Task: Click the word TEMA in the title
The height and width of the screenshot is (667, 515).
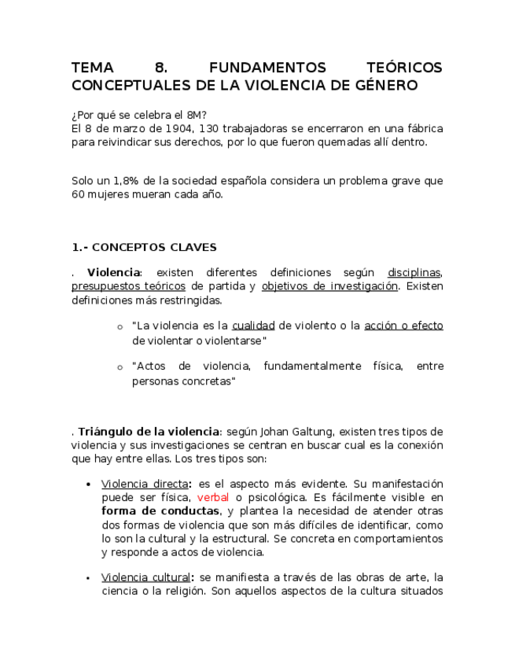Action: (x=92, y=68)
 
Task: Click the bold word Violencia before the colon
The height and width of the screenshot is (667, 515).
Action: (x=113, y=273)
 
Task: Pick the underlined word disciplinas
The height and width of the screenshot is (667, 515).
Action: (x=414, y=273)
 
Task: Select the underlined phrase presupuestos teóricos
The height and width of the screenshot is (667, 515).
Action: (x=128, y=286)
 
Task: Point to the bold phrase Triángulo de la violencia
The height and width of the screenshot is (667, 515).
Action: (x=149, y=432)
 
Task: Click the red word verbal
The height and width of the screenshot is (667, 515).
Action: (x=213, y=498)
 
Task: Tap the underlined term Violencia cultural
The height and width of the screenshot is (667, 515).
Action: (x=145, y=578)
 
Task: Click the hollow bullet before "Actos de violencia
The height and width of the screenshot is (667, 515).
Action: (x=120, y=367)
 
